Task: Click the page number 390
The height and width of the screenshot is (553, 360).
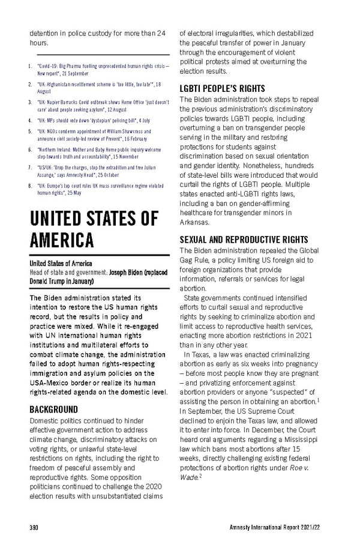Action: coord(34,527)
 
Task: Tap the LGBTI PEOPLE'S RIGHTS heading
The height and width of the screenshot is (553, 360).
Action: coord(222,88)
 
